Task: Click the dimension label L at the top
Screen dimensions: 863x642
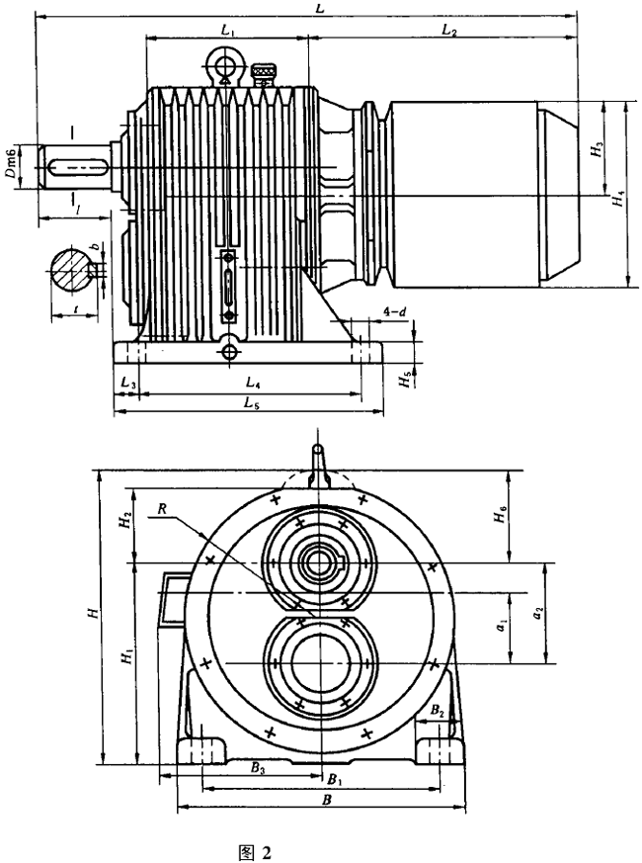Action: (321, 7)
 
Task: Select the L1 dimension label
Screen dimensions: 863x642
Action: (227, 32)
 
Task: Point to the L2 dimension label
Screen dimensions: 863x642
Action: (448, 32)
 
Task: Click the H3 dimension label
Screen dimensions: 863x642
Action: (596, 148)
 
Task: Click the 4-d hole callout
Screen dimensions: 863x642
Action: (392, 313)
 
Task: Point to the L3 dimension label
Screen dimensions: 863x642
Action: (126, 382)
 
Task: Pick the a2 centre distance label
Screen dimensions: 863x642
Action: (537, 614)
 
